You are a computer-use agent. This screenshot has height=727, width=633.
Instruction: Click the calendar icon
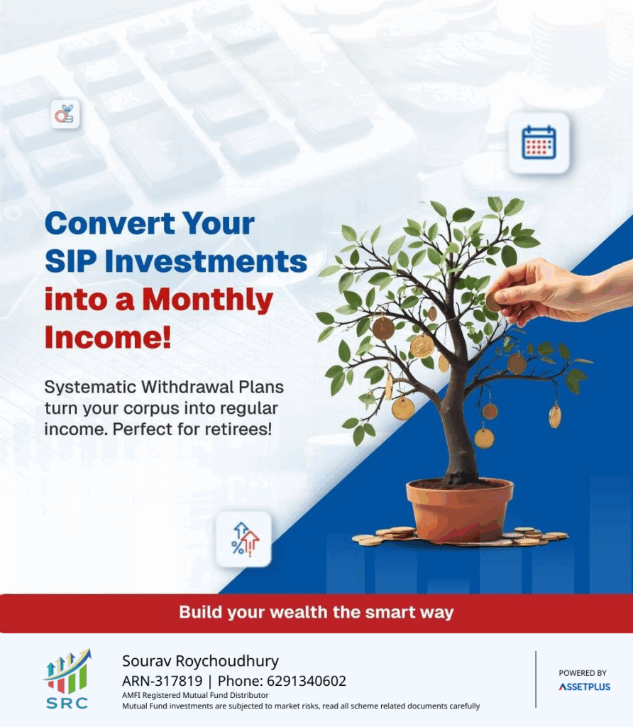tap(539, 142)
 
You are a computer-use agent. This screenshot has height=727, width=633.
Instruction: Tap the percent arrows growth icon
tap(244, 540)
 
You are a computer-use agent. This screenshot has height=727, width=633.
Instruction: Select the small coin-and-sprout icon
tap(65, 114)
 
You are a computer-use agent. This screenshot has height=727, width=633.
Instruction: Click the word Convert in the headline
tap(109, 224)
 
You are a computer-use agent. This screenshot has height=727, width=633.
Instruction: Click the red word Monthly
tap(207, 300)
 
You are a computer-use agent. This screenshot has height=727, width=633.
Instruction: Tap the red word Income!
tap(108, 337)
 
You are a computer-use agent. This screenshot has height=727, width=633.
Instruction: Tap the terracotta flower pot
tap(460, 510)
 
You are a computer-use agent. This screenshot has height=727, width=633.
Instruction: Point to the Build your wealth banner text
tap(316, 612)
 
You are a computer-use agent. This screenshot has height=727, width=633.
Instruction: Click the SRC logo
tap(67, 679)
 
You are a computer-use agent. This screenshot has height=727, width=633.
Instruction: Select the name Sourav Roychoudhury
tap(200, 661)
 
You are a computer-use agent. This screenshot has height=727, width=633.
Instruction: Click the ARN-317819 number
tap(163, 681)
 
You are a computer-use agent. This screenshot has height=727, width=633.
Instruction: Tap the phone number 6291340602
tap(307, 681)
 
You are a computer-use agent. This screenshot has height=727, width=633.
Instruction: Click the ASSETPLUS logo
tap(584, 687)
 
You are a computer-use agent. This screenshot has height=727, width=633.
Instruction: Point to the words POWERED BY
tap(583, 673)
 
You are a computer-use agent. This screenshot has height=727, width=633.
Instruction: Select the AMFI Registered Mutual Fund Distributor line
tap(195, 695)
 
